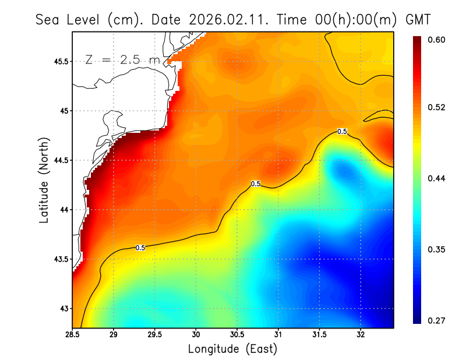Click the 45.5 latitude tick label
tap(59, 61)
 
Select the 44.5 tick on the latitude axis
tap(59, 160)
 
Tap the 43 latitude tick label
tap(63, 309)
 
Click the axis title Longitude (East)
tap(232, 349)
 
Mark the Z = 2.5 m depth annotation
tap(122, 59)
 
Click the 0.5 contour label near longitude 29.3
tap(140, 248)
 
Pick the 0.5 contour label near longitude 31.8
tap(343, 132)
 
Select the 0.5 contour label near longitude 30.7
tap(256, 184)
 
